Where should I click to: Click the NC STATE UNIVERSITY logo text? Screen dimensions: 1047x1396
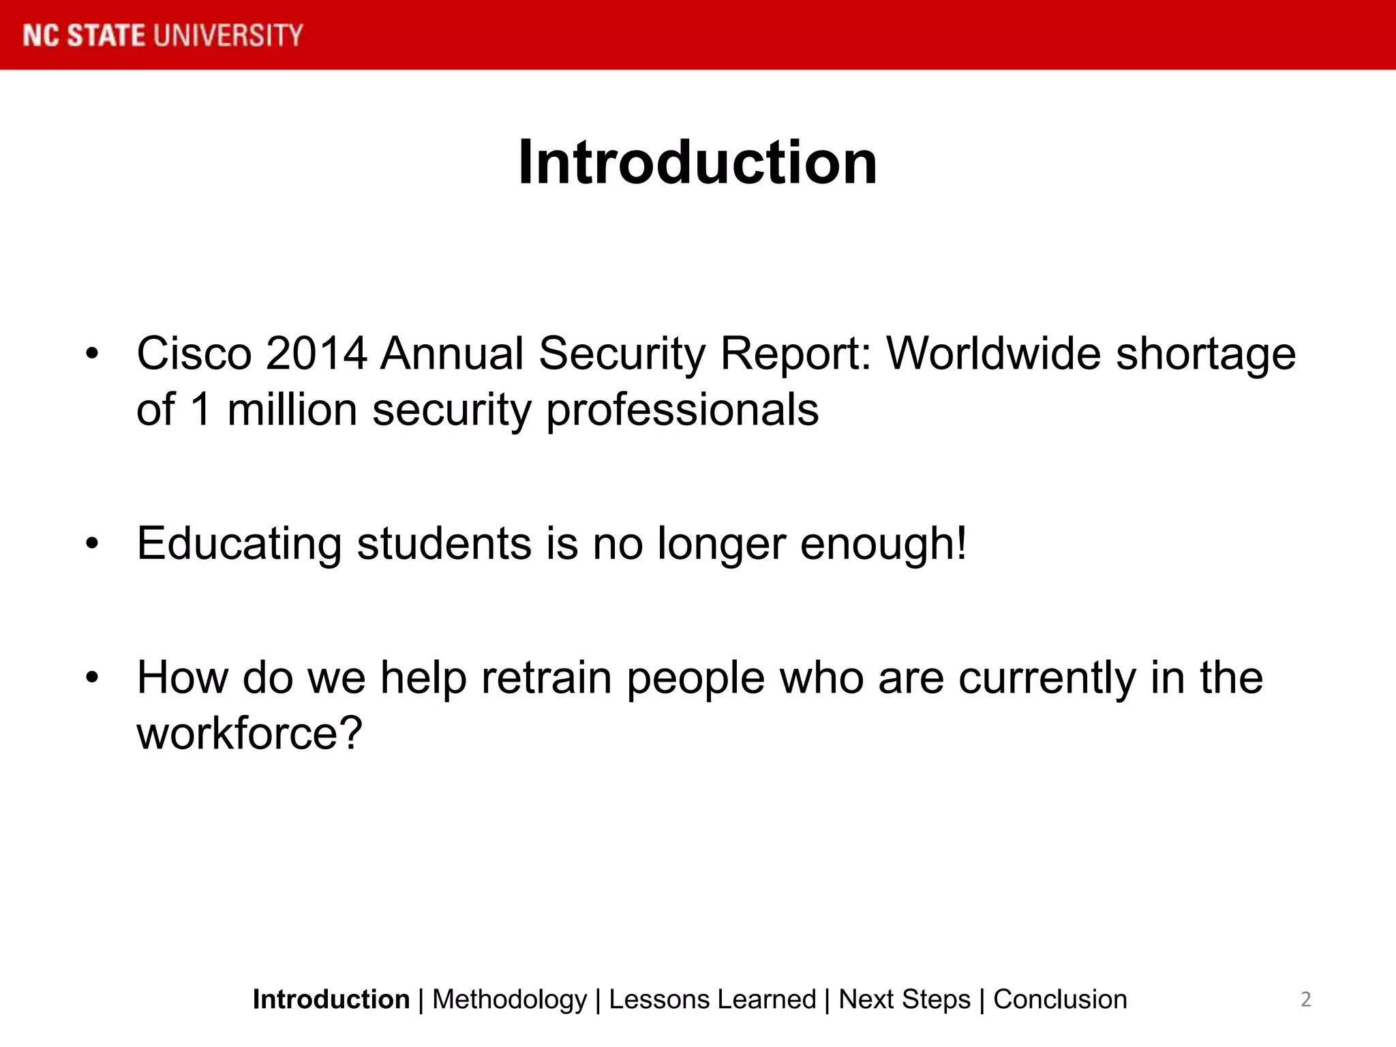[x=162, y=35]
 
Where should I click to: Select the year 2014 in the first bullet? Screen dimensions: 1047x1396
[x=316, y=354]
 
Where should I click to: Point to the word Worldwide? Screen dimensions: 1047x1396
[x=994, y=354]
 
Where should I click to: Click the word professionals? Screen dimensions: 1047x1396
[x=682, y=412]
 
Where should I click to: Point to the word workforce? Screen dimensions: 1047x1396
[x=249, y=733]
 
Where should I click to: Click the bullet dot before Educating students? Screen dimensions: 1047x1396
[x=92, y=544]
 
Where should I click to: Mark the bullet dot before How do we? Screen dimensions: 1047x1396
[x=92, y=678]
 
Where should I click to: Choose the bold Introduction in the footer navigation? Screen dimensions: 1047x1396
[x=331, y=999]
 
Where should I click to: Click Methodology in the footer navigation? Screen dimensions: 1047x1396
[x=509, y=999]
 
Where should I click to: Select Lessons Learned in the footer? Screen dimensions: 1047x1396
[x=712, y=999]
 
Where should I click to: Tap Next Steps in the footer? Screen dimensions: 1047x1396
[x=904, y=999]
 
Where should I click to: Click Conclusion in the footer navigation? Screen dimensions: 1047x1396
[x=1060, y=999]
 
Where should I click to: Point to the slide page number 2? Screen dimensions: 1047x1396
[x=1305, y=999]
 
